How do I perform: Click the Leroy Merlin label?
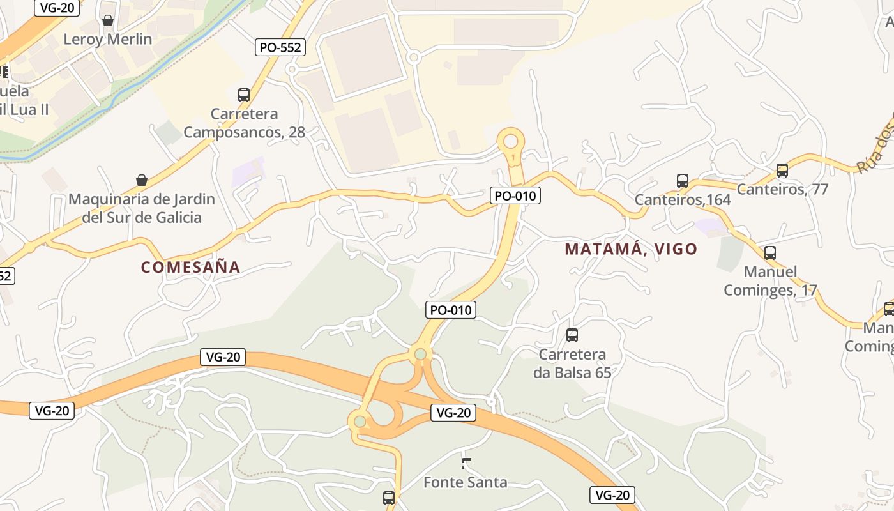click(108, 39)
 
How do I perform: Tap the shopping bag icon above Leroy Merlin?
click(108, 21)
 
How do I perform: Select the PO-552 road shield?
click(280, 47)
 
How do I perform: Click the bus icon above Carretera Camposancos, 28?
click(244, 95)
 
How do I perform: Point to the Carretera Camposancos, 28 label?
click(245, 123)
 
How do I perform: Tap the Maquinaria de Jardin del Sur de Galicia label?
click(142, 208)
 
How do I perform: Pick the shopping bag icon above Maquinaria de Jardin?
click(142, 181)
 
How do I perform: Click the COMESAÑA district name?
click(191, 267)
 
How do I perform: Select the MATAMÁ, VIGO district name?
click(631, 249)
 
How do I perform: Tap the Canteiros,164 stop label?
click(683, 200)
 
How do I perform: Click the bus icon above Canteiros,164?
click(683, 181)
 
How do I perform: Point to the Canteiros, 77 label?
click(782, 189)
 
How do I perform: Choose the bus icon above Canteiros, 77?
click(782, 171)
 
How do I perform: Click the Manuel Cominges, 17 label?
click(770, 281)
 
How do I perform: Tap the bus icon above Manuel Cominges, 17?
click(770, 252)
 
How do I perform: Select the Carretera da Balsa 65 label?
click(572, 363)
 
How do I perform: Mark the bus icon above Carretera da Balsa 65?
click(572, 335)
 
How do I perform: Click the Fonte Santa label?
click(466, 482)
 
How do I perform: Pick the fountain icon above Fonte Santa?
click(466, 463)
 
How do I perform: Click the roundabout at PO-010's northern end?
click(510, 141)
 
